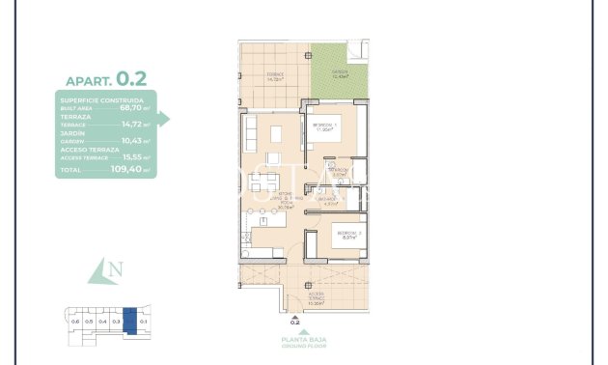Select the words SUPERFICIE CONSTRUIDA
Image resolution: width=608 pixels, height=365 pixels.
point(102,99)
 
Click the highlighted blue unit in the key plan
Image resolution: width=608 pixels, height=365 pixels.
point(130,321)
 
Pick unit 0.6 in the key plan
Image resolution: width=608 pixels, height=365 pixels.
point(75,321)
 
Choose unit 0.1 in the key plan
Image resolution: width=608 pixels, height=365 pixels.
point(143,321)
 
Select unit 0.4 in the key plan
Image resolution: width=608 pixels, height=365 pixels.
point(102,321)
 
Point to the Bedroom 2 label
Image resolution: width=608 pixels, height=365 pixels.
point(348,235)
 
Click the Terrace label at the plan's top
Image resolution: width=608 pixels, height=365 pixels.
point(274,76)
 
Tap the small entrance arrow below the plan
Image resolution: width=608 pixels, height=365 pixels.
point(295,316)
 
